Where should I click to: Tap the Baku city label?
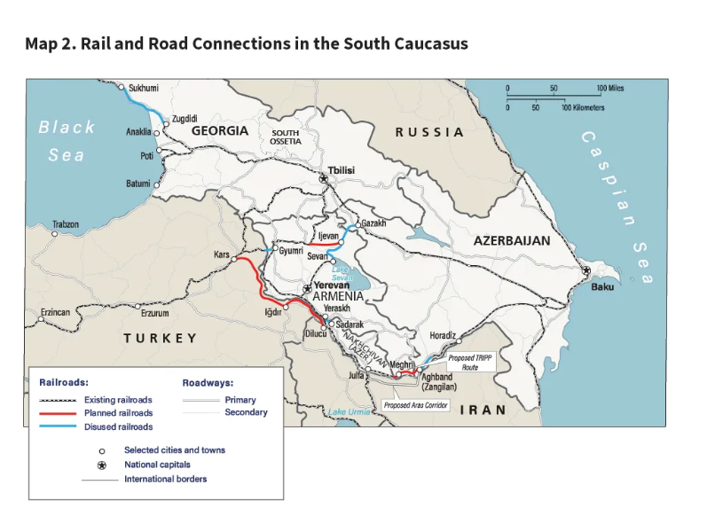(602, 286)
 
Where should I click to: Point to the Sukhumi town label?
(144, 88)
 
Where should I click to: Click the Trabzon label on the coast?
(65, 224)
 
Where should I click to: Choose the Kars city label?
(222, 254)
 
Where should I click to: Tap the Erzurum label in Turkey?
(154, 313)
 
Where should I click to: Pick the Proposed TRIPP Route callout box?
(463, 362)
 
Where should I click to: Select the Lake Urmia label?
(349, 412)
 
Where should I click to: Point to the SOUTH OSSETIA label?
(286, 137)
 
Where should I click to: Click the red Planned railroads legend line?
(59, 413)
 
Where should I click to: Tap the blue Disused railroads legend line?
(59, 426)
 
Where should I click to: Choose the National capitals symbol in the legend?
(102, 465)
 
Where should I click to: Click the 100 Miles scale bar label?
(610, 89)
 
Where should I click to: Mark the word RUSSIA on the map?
(429, 132)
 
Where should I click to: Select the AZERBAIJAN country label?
(511, 240)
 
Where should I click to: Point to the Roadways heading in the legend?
(208, 383)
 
